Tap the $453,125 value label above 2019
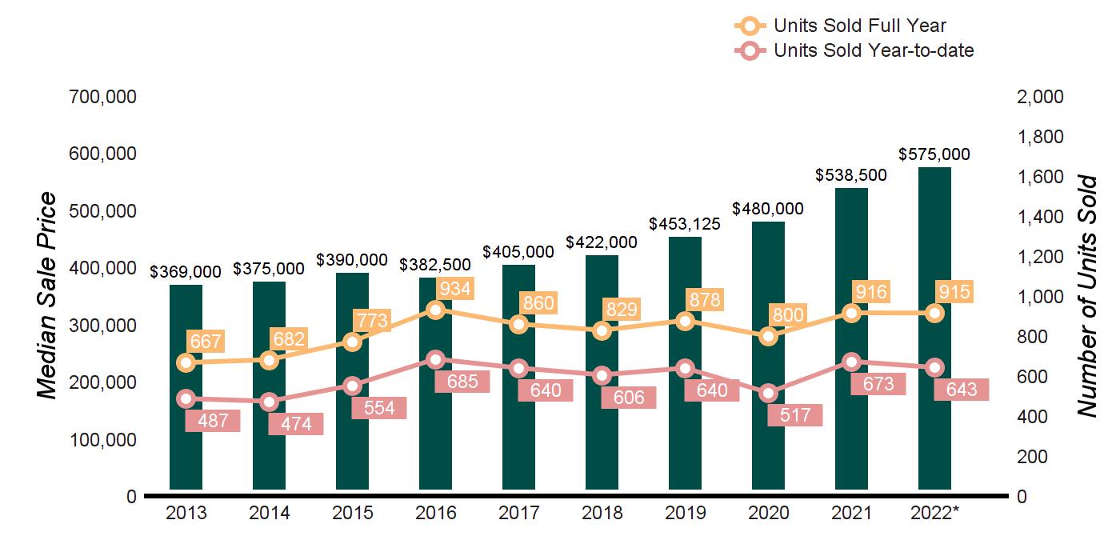tap(685, 224)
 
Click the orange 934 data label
tap(455, 288)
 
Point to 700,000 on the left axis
tap(104, 97)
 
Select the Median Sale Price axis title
tap(48, 296)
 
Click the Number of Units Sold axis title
tap(1086, 296)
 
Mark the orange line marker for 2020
tap(768, 336)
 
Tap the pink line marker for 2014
tap(269, 402)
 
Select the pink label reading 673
tap(878, 384)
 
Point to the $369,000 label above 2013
tap(186, 272)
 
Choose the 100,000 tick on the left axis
tap(104, 439)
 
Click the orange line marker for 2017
tap(518, 324)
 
